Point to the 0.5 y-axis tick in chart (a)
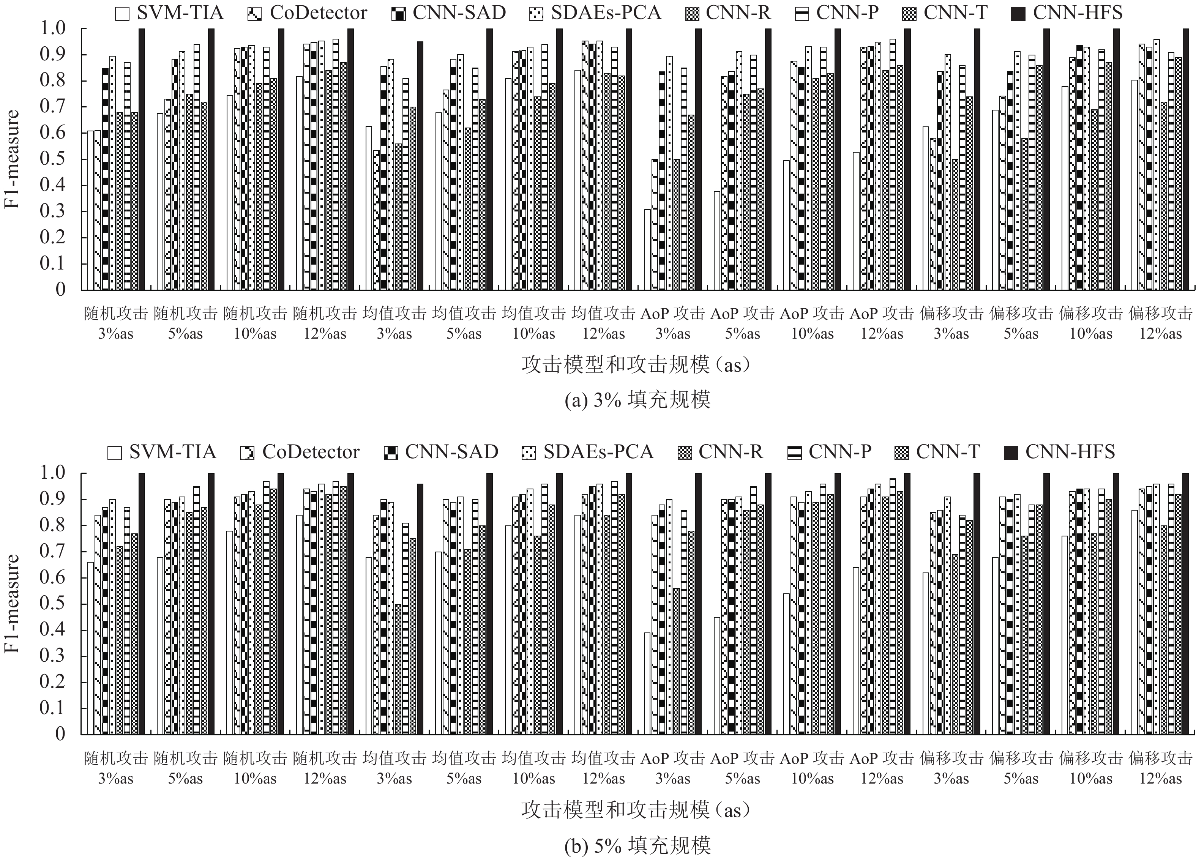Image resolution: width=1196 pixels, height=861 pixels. (x=53, y=159)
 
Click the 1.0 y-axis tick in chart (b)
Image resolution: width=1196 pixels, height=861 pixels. (x=53, y=473)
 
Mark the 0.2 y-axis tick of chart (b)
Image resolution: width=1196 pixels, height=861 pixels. (x=53, y=682)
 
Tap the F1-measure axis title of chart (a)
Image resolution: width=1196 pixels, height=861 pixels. (x=12, y=159)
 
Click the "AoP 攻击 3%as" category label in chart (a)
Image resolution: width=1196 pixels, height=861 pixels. (x=672, y=323)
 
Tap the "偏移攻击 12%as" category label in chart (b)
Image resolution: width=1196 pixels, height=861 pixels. (x=1160, y=768)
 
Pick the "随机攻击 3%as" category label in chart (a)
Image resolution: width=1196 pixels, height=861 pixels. (x=116, y=323)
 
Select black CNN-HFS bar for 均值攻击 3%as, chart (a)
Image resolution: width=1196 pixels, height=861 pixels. (x=420, y=166)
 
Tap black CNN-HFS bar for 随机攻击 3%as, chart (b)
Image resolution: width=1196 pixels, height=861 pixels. (x=141, y=604)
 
